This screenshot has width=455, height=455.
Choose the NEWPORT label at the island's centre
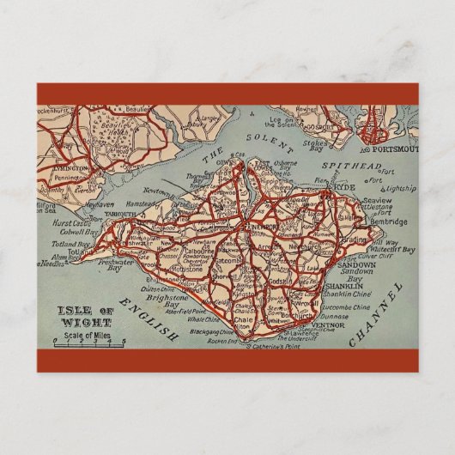click(x=263, y=226)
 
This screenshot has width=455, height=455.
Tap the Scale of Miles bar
click(x=89, y=341)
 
